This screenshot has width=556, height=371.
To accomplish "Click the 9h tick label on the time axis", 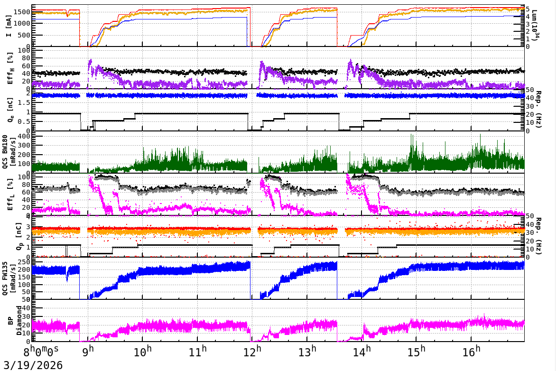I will [88, 352].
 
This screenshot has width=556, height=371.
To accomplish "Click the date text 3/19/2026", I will [31, 365].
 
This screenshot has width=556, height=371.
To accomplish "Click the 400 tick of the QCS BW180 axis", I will [24, 137].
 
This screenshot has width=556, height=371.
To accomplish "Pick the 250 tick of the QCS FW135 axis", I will [24, 262].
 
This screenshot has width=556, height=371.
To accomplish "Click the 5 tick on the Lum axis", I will [528, 9].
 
